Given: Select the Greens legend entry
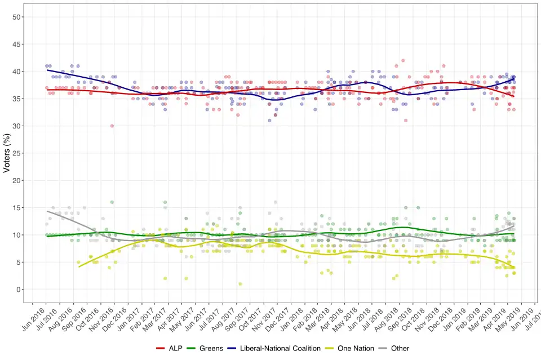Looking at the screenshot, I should [211, 349].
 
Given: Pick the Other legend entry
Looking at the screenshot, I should [400, 349].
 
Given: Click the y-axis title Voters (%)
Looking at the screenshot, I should [7, 153].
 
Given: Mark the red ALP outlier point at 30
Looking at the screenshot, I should [112, 126].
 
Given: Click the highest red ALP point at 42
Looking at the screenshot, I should [403, 60].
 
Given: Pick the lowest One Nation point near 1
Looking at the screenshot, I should [240, 284].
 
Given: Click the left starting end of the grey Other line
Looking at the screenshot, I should [47, 211].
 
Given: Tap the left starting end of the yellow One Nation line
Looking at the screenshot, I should [78, 266].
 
